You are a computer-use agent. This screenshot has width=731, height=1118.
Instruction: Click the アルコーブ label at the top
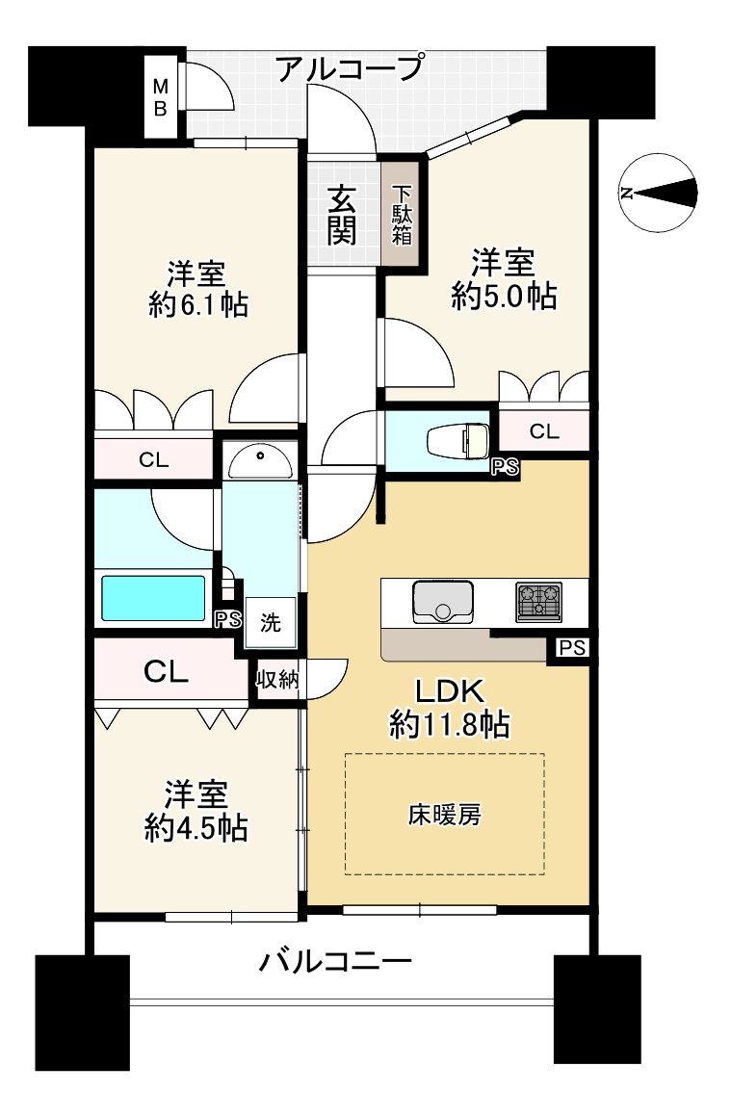pyautogui.click(x=349, y=70)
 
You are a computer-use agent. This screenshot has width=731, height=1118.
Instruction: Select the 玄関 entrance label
pyautogui.click(x=342, y=214)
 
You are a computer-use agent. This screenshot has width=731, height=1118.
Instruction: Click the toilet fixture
pyautogui.click(x=458, y=441)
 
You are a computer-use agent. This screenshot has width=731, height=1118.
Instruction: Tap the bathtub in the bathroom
pyautogui.click(x=153, y=598)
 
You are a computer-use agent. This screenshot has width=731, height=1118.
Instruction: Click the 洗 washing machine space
pyautogui.click(x=270, y=622)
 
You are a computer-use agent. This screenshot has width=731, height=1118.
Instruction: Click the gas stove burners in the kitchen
pyautogui.click(x=538, y=600)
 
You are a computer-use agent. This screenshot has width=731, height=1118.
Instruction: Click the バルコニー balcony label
pyautogui.click(x=336, y=962)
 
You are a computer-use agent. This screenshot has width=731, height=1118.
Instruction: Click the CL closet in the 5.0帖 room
pyautogui.click(x=543, y=431)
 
